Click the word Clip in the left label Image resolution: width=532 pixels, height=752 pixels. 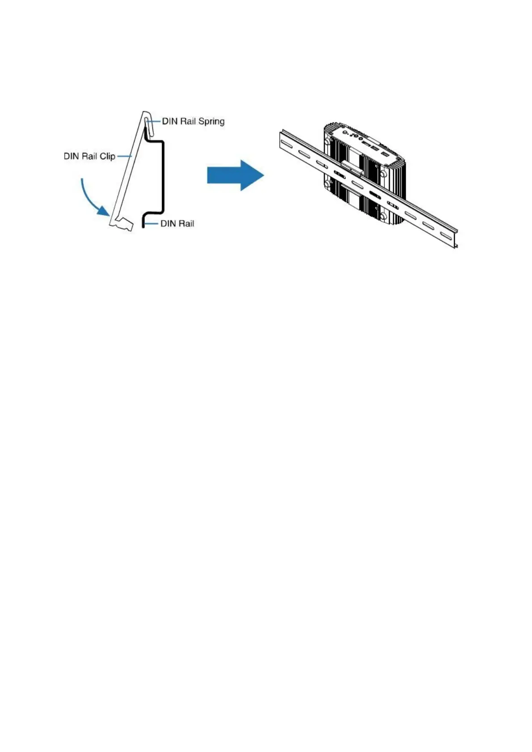[x=107, y=156]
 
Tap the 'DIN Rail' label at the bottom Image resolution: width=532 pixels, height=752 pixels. [x=177, y=223]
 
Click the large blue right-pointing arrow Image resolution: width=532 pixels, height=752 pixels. [x=235, y=175]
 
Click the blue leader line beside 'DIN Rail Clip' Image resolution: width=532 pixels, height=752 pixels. [x=123, y=156]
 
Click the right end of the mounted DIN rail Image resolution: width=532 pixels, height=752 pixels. [x=455, y=238]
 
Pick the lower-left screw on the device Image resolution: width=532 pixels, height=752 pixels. [x=328, y=184]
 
